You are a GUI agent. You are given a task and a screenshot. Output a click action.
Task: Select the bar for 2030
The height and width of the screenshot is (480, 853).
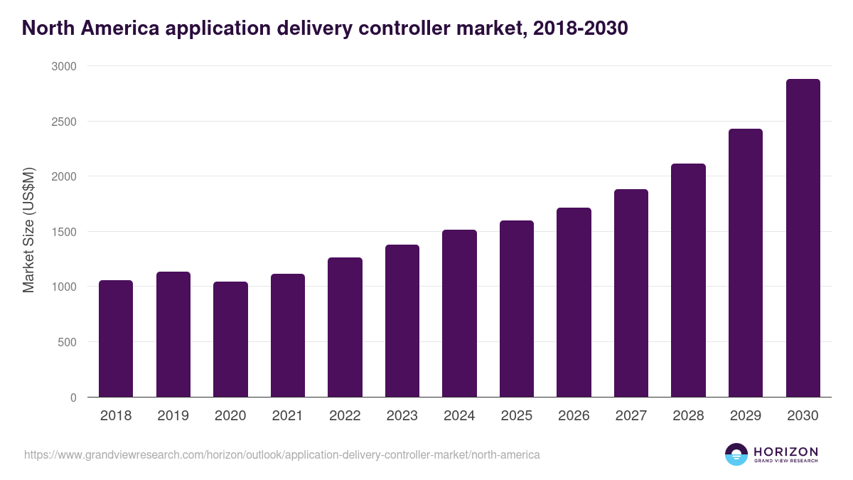point(803,238)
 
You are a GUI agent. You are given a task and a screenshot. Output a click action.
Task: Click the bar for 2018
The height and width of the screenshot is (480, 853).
point(116,338)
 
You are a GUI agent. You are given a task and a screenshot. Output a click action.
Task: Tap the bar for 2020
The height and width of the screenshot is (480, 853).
point(230,339)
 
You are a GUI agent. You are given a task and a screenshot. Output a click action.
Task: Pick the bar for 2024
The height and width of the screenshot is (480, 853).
point(459,314)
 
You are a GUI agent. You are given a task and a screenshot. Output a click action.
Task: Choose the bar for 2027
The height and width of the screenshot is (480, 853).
point(631,293)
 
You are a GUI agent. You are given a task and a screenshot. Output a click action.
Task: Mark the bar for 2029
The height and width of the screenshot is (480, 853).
point(746,263)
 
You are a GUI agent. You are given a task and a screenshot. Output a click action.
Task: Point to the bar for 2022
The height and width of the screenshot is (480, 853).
point(345,327)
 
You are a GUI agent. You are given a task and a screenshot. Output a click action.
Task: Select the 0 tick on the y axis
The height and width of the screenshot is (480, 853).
point(73,398)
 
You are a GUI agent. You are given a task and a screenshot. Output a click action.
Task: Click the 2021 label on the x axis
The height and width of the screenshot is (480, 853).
point(287,416)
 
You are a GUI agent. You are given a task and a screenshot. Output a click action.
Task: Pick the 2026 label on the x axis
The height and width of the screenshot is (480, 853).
point(574,416)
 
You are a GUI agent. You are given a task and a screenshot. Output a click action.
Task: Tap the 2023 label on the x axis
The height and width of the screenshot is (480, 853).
point(402,416)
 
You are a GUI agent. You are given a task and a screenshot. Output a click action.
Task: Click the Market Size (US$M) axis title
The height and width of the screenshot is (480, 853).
point(28,230)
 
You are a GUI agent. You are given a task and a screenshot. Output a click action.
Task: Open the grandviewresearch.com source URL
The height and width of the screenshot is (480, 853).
point(282,454)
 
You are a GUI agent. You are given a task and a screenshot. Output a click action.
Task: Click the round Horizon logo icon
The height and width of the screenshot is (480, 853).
point(736,454)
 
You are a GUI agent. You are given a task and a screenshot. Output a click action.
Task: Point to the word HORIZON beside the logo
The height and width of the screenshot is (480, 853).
point(785,451)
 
